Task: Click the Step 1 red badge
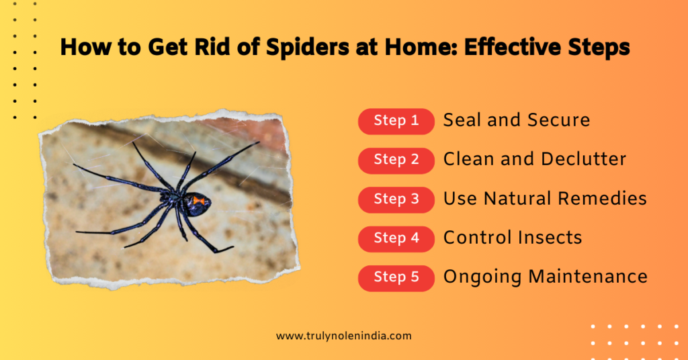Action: tap(396, 121)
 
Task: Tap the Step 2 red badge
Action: tap(396, 160)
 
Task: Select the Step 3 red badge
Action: tap(396, 199)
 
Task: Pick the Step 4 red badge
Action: tap(396, 238)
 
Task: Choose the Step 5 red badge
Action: tap(396, 277)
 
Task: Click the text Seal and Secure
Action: tap(516, 120)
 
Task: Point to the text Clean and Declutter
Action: tap(534, 159)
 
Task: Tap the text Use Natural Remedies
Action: tap(545, 199)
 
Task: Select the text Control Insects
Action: tap(512, 238)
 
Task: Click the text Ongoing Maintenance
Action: tap(545, 277)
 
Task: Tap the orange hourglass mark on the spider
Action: tap(199, 200)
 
